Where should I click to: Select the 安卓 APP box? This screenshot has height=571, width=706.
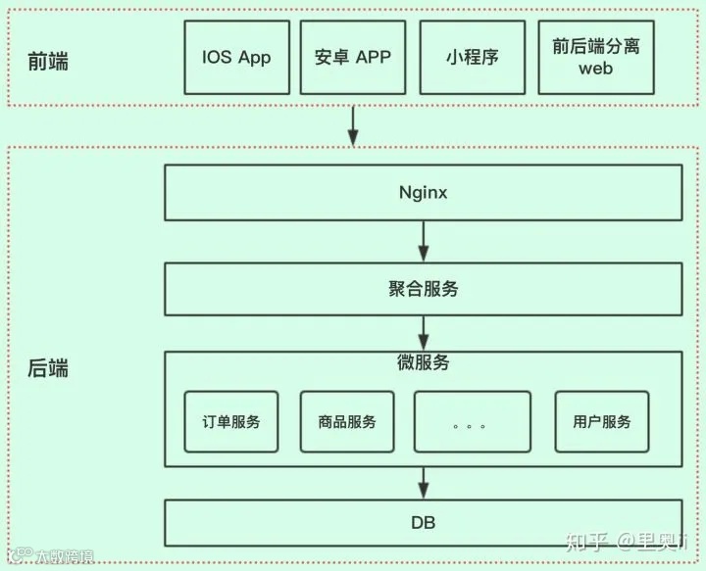pos(353,56)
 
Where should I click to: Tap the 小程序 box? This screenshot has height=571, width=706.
pos(472,56)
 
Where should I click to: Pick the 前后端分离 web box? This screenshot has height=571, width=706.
pos(595,56)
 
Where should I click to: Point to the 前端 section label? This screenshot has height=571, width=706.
pos(48,61)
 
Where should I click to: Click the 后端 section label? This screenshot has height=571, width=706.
pos(48,369)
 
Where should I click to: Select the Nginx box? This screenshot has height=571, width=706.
pos(424,193)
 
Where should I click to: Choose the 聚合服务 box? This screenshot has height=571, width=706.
pos(424,289)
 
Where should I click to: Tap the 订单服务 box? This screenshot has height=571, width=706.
pos(231,422)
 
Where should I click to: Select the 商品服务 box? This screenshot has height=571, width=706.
pos(347,422)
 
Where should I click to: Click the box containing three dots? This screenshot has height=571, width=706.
pos(472,422)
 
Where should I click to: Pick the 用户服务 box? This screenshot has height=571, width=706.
pos(602,422)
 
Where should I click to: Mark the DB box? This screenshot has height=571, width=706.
pos(424,523)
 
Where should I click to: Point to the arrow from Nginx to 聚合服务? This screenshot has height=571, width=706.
pos(424,241)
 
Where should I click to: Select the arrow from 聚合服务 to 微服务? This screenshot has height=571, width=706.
pos(424,333)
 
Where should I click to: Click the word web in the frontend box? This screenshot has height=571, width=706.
pos(595,70)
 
